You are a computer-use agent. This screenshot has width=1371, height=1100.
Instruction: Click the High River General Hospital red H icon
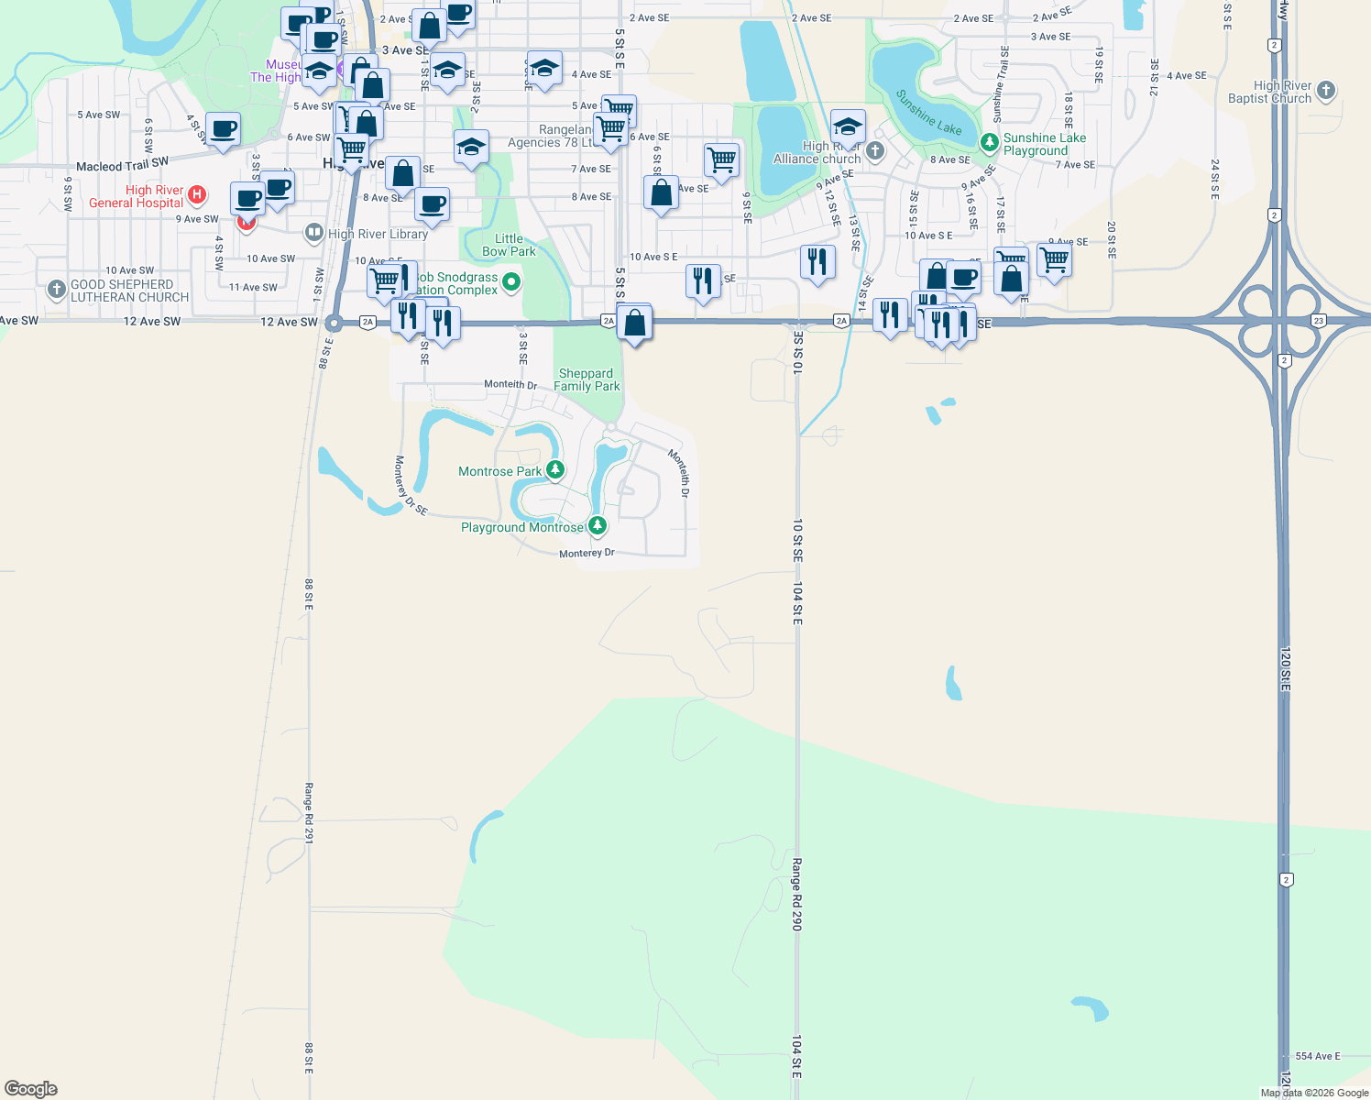(196, 194)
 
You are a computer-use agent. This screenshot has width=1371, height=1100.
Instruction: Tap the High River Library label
(378, 234)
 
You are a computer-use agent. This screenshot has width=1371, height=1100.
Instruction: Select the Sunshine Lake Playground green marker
(989, 142)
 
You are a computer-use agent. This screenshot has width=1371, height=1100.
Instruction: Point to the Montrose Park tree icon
(555, 470)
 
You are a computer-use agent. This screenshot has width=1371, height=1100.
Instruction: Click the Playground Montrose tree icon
(598, 525)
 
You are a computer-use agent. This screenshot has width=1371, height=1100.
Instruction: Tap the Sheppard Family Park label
(587, 379)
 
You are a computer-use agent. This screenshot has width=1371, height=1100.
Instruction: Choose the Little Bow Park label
(509, 245)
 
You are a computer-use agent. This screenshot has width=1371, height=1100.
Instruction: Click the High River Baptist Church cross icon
(1326, 91)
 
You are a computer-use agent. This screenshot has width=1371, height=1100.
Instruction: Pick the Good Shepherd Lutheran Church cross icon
(57, 290)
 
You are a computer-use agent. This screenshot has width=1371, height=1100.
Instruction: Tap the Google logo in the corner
(31, 1089)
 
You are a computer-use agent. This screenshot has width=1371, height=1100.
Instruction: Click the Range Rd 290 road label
(797, 894)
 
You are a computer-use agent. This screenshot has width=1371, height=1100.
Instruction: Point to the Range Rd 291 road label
(309, 812)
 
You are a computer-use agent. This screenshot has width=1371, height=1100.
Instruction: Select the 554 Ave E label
(1318, 1056)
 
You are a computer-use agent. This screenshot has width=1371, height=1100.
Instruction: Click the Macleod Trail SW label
(122, 166)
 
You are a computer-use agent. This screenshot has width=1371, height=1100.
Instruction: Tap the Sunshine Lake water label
(928, 113)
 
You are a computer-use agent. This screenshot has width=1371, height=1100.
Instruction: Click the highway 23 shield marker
(1318, 321)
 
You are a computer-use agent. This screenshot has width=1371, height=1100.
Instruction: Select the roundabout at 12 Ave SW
(334, 323)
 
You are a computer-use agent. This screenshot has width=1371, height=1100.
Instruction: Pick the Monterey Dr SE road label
(411, 486)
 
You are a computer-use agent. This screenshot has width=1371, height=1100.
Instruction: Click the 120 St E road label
(1285, 669)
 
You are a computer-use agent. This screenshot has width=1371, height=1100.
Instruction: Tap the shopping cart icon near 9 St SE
(721, 159)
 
